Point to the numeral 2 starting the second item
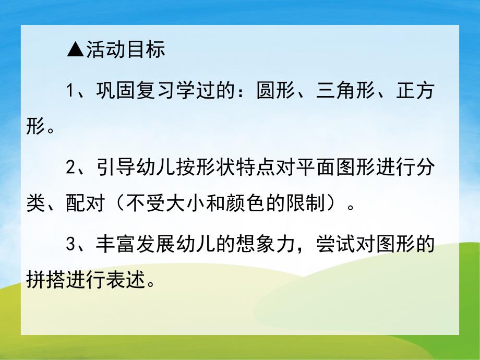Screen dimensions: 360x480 click(73, 169)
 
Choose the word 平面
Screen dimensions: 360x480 click(312, 169)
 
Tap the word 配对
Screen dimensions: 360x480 click(82, 203)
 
